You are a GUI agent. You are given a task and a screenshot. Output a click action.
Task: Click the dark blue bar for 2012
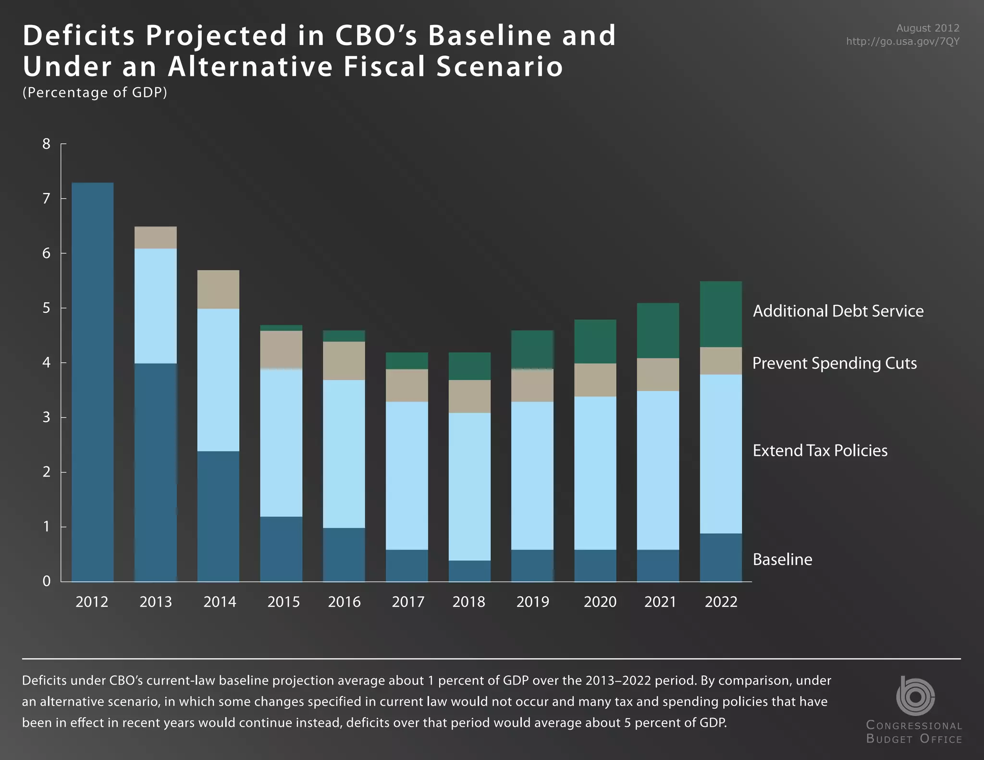click(x=93, y=382)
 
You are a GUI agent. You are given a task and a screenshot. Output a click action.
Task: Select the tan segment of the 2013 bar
click(x=156, y=237)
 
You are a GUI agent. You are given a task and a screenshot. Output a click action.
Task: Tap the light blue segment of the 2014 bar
click(x=219, y=380)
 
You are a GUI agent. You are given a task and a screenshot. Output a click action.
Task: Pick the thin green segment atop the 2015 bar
click(x=281, y=328)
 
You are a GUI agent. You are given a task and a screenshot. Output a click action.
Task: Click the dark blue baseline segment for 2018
click(x=469, y=571)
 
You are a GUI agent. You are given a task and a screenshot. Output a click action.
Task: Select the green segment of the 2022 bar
click(x=721, y=314)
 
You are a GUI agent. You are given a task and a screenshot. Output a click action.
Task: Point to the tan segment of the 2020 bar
click(x=595, y=380)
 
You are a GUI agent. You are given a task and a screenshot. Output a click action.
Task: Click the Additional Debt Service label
click(x=838, y=311)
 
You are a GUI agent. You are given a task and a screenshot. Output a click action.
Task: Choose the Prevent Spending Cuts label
click(x=834, y=363)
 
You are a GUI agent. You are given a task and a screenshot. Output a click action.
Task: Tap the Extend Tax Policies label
click(x=820, y=451)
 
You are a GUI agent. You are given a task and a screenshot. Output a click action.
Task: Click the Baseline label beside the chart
click(x=782, y=560)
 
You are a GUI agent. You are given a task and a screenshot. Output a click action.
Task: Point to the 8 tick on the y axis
click(x=47, y=144)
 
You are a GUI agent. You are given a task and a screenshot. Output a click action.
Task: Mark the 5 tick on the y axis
click(x=47, y=308)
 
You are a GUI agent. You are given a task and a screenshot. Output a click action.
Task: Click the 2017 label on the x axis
click(x=408, y=602)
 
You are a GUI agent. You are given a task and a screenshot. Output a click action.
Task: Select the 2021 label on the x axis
click(x=660, y=602)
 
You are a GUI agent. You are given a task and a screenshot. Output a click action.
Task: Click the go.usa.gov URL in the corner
click(x=902, y=41)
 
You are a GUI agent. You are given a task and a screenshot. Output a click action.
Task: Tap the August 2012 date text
click(x=927, y=28)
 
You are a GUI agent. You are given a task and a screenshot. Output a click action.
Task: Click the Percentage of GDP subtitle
click(x=95, y=92)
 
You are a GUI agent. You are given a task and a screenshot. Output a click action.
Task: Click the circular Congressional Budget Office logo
click(x=915, y=696)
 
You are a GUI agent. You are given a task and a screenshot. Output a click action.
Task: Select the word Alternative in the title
click(x=250, y=66)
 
